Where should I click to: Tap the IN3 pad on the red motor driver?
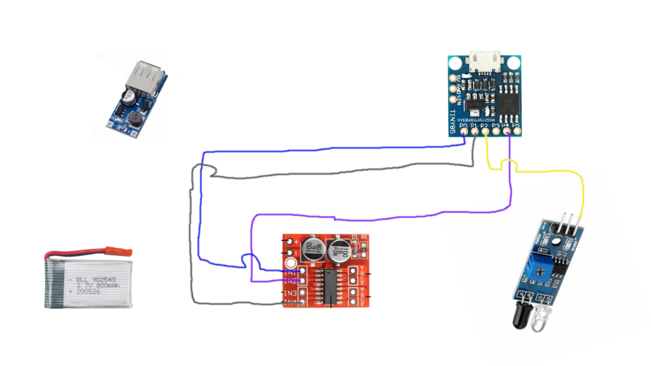click(x=303, y=292)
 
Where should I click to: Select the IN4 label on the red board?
click(x=291, y=302)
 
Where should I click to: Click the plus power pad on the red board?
click(x=291, y=241)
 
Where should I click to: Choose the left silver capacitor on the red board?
click(x=312, y=248)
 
